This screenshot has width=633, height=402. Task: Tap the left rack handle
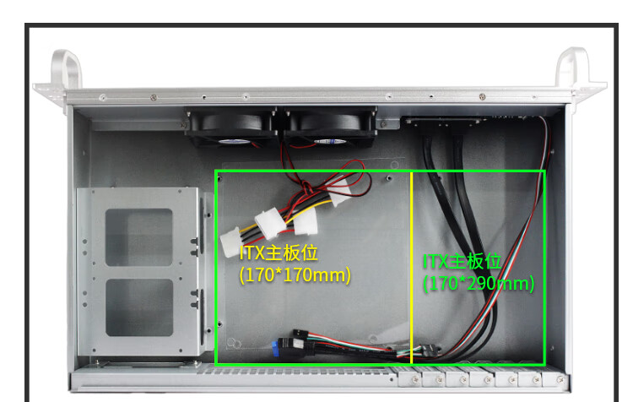pos(68,68)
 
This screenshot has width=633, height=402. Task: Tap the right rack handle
pos(571,68)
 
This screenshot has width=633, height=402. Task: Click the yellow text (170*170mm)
pos(295,274)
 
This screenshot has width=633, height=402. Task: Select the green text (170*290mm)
pos(479,283)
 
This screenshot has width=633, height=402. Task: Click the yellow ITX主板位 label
pos(279,253)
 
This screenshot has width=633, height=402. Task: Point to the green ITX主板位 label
pos(463,262)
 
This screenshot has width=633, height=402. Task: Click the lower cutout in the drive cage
pos(139,307)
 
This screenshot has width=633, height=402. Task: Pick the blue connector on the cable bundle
pos(278,346)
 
